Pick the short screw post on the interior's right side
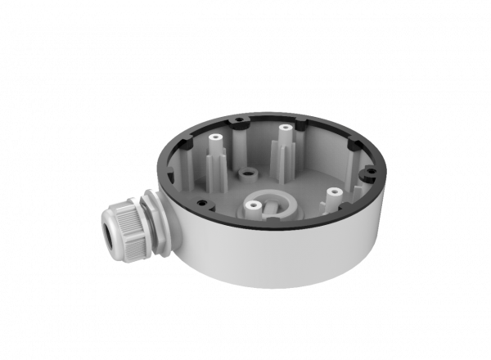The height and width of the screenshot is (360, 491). pos(332,194)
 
